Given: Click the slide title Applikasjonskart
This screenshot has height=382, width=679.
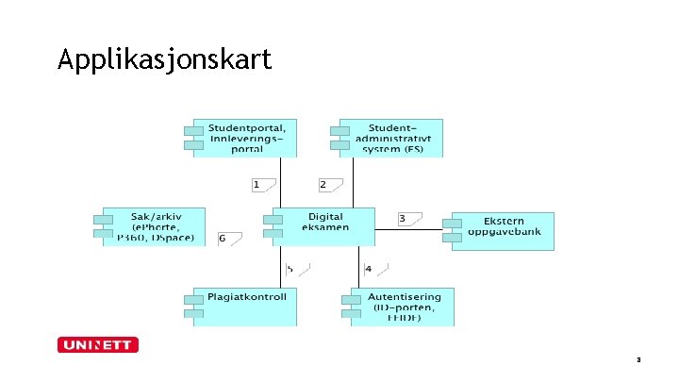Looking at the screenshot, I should coord(164,60).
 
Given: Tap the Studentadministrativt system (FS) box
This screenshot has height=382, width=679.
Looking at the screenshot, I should coord(396,138).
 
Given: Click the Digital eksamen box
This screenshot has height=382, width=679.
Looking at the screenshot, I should coord(325,222).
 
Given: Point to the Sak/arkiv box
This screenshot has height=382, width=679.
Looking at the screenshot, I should coord(156,226).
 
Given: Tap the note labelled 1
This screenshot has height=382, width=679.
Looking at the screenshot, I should coord(263,184).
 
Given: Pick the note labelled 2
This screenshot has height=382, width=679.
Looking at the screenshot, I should coord(329,184).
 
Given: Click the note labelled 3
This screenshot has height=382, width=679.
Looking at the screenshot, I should coord(409,219).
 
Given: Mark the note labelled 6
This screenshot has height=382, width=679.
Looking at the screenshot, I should coord(229,239).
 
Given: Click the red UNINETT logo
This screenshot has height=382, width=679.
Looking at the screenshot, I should coord(98,345).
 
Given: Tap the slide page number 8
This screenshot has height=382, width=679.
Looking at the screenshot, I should coord(638,359).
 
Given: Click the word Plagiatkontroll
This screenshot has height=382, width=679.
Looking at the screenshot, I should coord(246,296).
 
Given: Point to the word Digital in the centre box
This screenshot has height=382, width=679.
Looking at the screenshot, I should coord(325,217).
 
